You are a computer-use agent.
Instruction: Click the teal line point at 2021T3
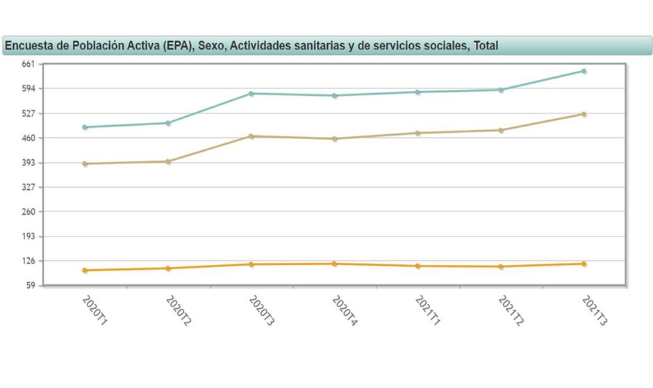tap(584, 71)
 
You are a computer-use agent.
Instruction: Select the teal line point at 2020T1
tap(85, 127)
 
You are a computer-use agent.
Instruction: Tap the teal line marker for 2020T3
tap(251, 93)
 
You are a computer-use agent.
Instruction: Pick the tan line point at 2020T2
tap(168, 161)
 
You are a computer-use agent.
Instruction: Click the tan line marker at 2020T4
tap(334, 139)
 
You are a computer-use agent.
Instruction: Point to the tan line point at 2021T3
tap(584, 114)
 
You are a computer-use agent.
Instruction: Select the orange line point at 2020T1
tap(85, 270)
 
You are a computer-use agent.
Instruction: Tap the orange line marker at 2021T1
tap(418, 266)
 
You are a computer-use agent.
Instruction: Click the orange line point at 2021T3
tap(584, 264)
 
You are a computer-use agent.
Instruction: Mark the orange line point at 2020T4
tap(334, 264)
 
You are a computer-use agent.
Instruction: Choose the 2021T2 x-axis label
tap(511, 311)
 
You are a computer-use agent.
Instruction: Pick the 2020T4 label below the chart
tap(344, 311)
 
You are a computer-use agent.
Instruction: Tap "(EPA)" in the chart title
tap(178, 46)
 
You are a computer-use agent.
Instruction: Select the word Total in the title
tap(486, 46)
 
